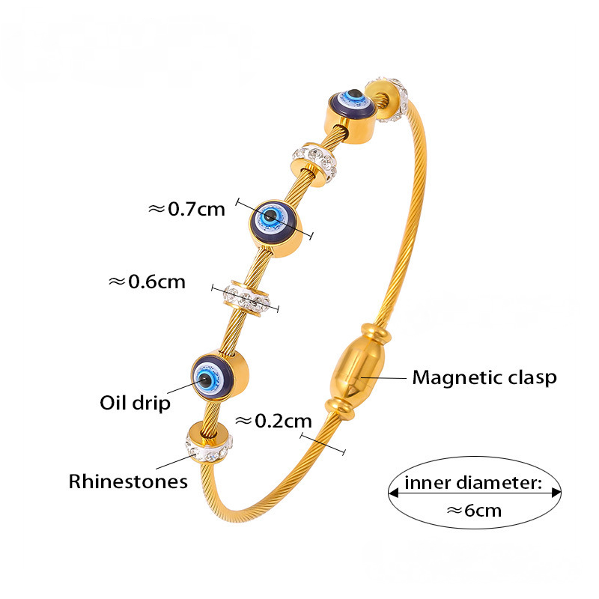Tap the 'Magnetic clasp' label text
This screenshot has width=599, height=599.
[484, 377]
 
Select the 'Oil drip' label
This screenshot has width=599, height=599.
[136, 403]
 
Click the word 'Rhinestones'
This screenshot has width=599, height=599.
[128, 481]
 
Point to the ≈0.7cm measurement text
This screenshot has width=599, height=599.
[187, 209]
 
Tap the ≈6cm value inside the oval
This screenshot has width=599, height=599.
[474, 511]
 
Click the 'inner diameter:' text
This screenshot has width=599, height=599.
[472, 483]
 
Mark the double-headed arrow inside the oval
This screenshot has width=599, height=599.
[474, 493]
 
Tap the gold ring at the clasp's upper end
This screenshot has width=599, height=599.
[372, 332]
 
